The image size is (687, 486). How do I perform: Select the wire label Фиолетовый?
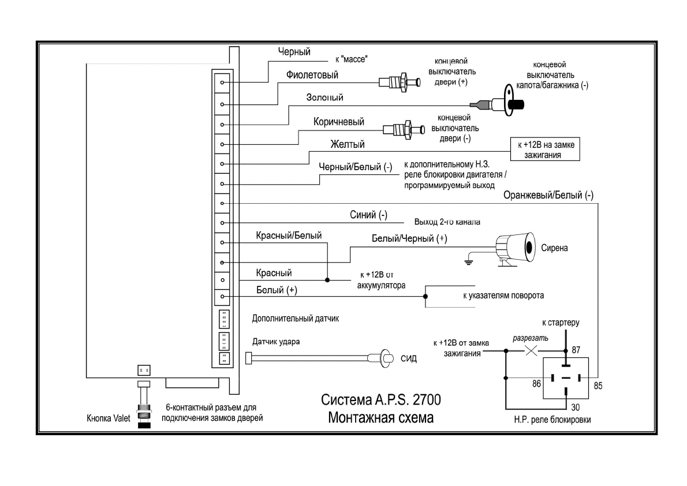click(x=312, y=74)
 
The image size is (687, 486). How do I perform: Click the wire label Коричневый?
click(x=339, y=122)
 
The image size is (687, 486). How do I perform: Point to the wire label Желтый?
click(x=347, y=144)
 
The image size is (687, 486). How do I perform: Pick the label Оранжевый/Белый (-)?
click(x=548, y=195)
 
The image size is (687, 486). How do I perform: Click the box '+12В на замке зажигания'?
click(x=545, y=149)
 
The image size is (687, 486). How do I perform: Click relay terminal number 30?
click(x=576, y=407)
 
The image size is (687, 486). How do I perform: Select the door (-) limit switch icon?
click(x=401, y=128)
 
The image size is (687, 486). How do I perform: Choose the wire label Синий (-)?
click(x=368, y=215)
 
